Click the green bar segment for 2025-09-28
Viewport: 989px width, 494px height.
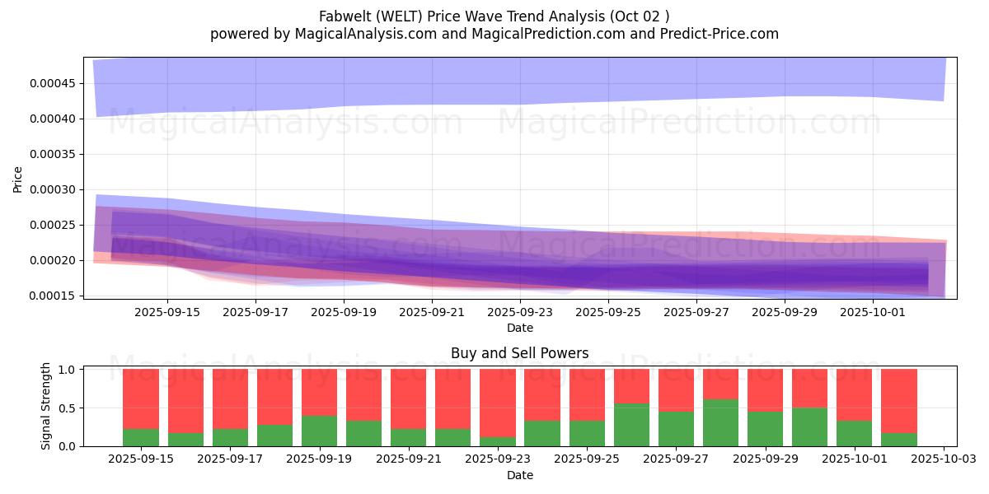721,422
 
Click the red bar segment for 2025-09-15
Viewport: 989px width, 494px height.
141,398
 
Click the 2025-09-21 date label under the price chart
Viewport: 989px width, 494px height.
432,313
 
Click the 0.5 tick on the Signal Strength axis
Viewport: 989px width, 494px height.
68,408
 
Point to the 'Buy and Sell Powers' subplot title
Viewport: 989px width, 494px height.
519,354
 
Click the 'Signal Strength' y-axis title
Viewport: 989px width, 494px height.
46,406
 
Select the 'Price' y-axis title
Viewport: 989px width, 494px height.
18,179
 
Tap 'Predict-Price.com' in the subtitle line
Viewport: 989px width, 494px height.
722,34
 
